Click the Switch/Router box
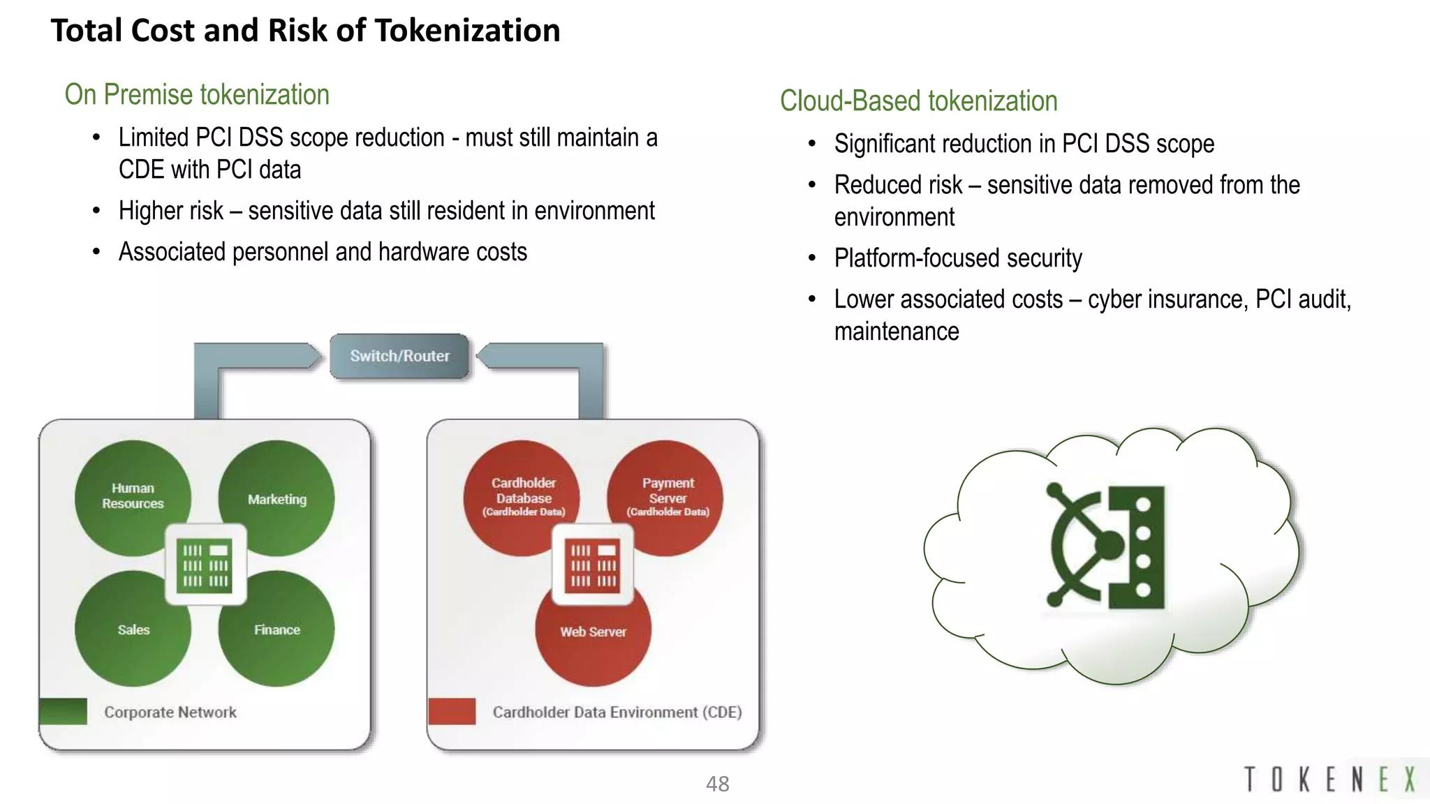[399, 356]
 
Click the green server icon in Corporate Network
[205, 565]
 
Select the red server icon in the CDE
[593, 565]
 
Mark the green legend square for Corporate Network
[64, 711]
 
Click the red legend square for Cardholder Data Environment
[452, 711]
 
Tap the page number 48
[717, 784]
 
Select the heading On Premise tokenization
[197, 94]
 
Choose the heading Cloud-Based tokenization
[918, 101]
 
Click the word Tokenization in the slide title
[467, 31]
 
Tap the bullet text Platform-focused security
[958, 258]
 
